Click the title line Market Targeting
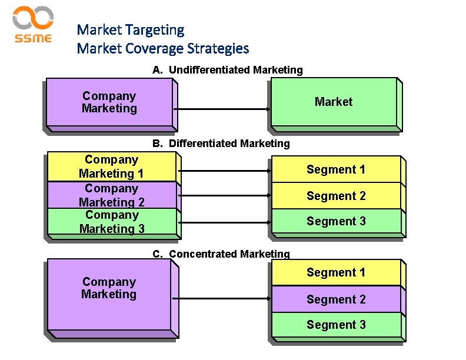(x=131, y=29)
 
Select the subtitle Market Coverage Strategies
(x=163, y=48)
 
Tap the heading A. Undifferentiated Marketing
(x=228, y=70)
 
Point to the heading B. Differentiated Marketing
(x=221, y=144)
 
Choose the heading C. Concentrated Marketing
(x=221, y=254)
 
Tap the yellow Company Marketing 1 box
(x=111, y=167)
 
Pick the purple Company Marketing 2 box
(x=111, y=195)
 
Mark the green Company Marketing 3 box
(x=111, y=222)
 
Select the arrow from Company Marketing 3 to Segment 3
(x=224, y=222)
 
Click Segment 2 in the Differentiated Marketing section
(x=336, y=196)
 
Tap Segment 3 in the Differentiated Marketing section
(x=336, y=221)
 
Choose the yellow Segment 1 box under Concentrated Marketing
(x=336, y=272)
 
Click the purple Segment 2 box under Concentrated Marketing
(x=336, y=299)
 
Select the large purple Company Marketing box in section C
(x=109, y=294)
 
